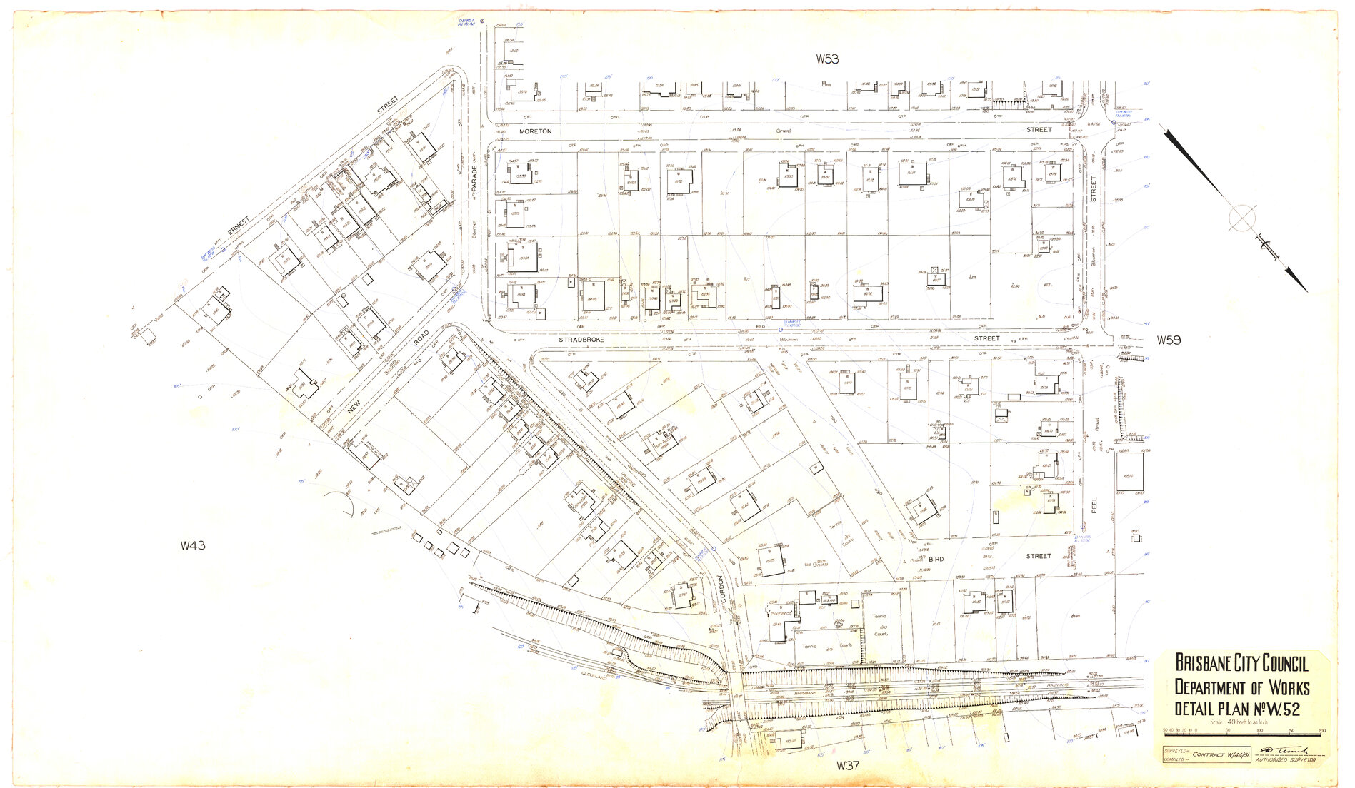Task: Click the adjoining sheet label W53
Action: (827, 59)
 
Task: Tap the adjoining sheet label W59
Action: (1169, 340)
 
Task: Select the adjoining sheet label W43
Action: (193, 546)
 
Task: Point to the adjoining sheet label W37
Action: (847, 766)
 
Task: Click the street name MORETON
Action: (535, 131)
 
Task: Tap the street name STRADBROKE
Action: (581, 340)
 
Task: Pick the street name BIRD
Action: (936, 560)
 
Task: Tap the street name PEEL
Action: (1094, 505)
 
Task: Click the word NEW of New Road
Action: (354, 406)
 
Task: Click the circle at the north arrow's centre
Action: (1242, 218)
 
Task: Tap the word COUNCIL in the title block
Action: (1274, 664)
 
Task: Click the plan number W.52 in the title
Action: (1281, 709)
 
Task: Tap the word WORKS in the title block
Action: (1279, 687)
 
